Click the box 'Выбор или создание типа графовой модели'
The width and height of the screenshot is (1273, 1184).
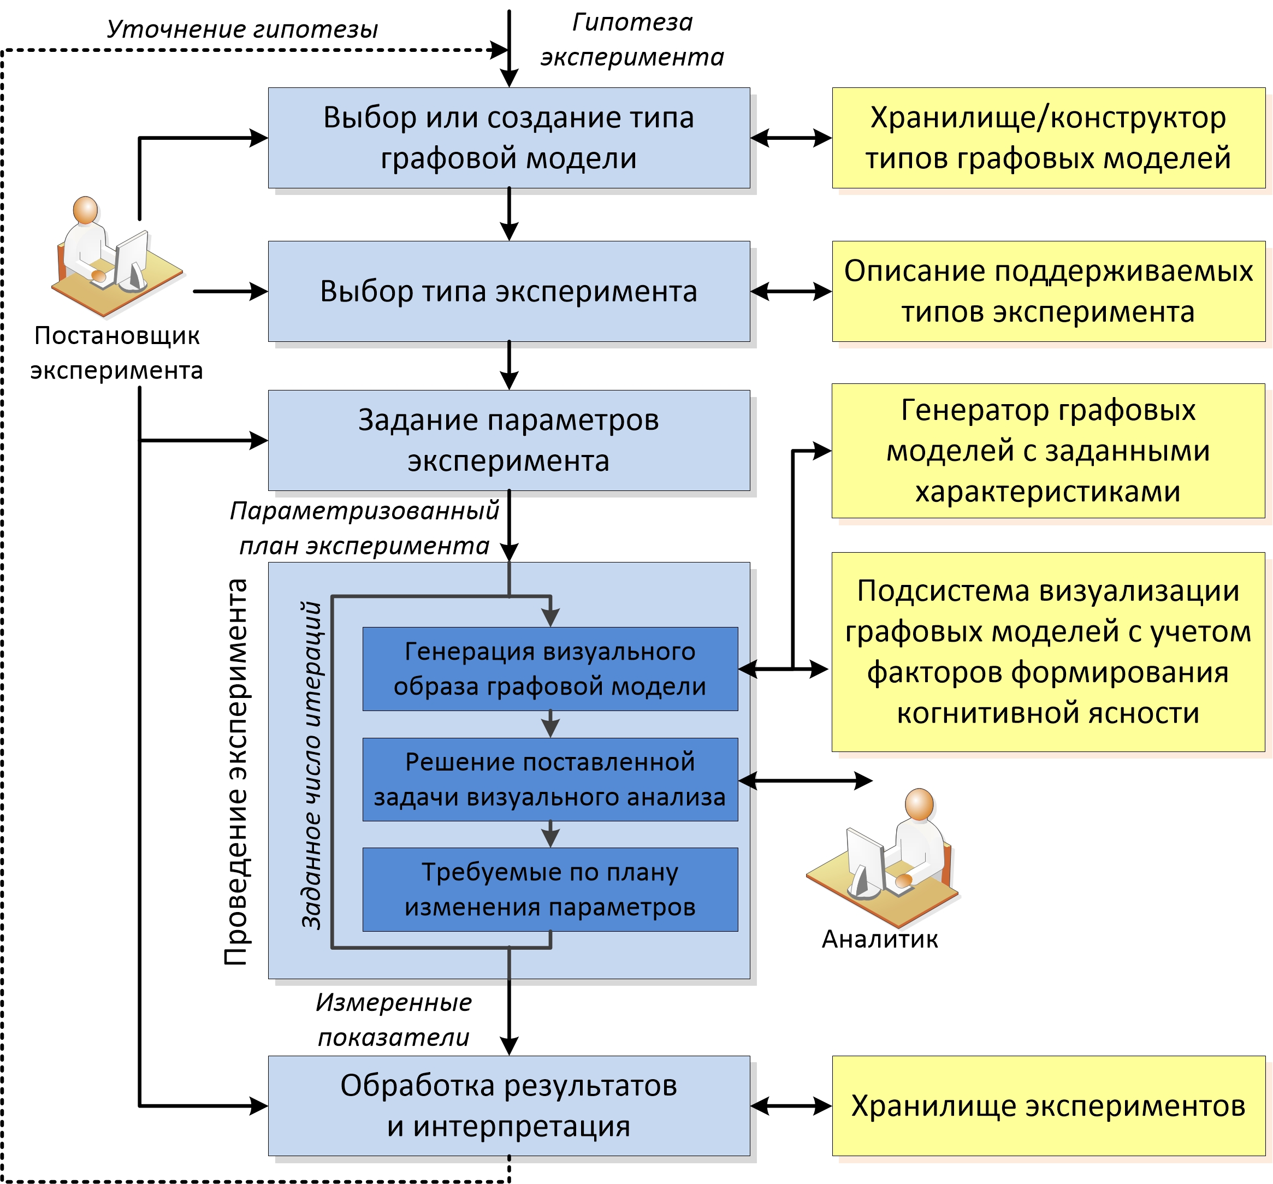508,138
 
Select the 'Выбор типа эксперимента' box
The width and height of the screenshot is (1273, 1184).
508,291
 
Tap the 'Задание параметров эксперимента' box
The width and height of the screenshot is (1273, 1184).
508,441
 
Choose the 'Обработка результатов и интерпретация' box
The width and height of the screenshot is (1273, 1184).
508,1106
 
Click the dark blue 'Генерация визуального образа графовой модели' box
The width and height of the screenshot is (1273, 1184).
549,668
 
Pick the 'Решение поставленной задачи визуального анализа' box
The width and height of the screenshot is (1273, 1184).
549,779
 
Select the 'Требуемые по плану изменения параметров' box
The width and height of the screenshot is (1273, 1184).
549,890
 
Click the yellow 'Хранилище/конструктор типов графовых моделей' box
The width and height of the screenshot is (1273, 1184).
1048,138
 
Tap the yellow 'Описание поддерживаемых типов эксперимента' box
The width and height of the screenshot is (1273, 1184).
1048,291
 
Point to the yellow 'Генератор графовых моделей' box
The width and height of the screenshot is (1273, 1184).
1048,451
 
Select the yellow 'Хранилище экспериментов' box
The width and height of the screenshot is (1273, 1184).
1048,1106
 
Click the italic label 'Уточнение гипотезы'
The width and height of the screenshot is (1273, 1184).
242,29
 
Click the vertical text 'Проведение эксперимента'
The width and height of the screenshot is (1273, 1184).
236,772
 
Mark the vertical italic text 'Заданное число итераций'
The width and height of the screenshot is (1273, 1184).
312,765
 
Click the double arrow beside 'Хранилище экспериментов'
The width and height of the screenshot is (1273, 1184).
791,1106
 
